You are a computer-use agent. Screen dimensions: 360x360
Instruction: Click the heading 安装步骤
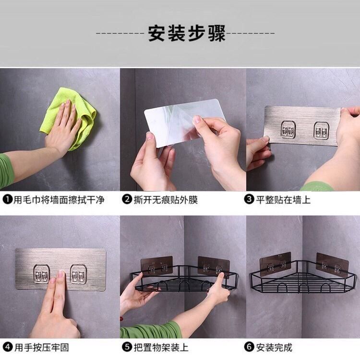pos(186,34)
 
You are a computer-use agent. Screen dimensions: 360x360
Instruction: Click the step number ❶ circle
pos(7,199)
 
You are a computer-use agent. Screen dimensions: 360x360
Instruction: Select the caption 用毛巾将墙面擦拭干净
pos(59,200)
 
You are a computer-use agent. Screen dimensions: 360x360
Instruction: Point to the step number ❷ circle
pos(127,199)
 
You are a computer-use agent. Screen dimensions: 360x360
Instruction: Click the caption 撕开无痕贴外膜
pos(166,200)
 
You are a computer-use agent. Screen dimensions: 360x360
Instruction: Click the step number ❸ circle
pos(249,199)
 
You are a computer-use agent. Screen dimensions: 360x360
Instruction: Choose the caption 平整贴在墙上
pos(283,200)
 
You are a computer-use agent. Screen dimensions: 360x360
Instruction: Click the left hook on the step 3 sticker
pos(288,129)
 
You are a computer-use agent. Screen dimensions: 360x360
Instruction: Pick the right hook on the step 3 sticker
pos(322,130)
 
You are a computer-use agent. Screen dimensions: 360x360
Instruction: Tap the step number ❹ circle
pos(8,347)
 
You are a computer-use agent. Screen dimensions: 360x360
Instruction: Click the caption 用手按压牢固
pos(42,347)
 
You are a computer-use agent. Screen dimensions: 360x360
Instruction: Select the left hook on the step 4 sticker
pos(42,274)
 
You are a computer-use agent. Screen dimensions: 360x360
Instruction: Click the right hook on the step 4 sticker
pos(79,274)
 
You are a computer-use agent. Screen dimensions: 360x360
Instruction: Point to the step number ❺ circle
pos(127,347)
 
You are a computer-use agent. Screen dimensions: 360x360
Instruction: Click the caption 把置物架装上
pos(161,347)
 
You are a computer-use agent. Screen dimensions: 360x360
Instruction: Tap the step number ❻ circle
pos(249,347)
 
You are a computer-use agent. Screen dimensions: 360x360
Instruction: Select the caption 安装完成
pos(274,347)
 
